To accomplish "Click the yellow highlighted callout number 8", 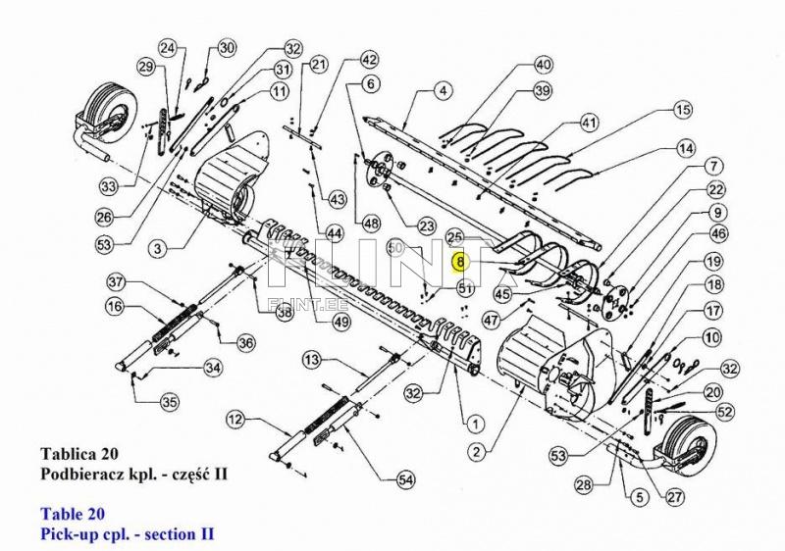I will pos(460,262).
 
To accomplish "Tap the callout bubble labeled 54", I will pos(405,479).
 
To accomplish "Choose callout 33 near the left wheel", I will pos(109,185).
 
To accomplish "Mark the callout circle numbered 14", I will pos(685,150).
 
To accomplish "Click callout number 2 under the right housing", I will pos(476,452).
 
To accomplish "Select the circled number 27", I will pos(673,496).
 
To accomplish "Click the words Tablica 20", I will pos(78,454).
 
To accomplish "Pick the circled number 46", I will pos(718,234).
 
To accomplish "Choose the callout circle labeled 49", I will pos(341,322).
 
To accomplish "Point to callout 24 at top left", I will pos(168,48).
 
